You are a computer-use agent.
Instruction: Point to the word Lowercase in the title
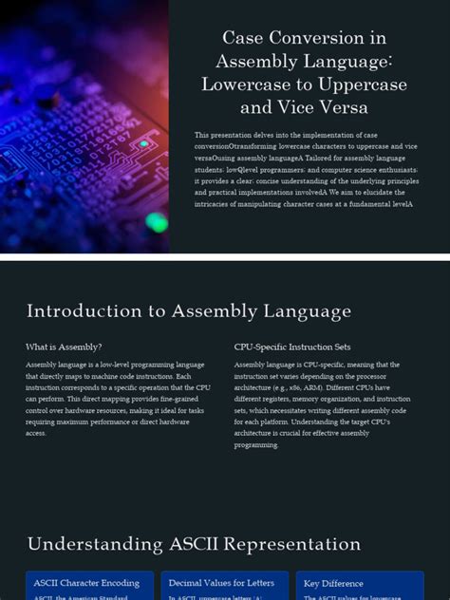coord(242,84)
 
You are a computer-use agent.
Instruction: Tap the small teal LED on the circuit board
coord(144,144)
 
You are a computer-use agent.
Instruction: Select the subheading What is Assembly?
coord(64,347)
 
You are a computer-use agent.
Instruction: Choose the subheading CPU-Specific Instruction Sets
coord(292,347)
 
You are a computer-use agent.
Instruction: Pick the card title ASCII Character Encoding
coord(86,583)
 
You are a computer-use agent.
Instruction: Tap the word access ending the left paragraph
coord(36,433)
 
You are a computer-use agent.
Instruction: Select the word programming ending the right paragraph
coord(256,444)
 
